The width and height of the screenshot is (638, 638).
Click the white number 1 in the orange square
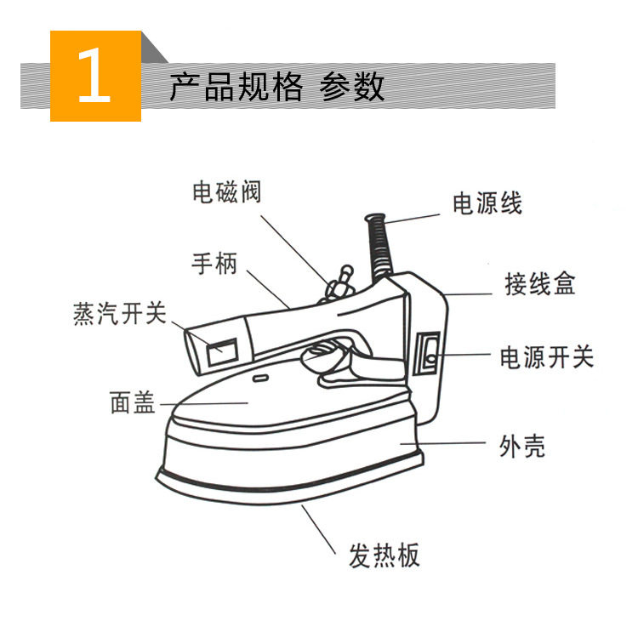[x=94, y=75]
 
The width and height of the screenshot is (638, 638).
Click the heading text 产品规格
[x=236, y=86]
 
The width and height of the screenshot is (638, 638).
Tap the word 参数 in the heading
[x=352, y=86]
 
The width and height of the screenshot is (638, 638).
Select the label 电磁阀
[x=226, y=191]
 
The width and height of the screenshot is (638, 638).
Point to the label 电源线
[x=487, y=203]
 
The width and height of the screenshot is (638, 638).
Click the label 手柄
[x=214, y=263]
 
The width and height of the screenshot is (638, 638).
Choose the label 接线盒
[x=540, y=283]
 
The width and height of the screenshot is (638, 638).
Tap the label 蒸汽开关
[x=120, y=313]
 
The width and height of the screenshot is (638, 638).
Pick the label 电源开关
[x=546, y=357]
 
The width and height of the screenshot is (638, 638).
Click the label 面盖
[x=133, y=402]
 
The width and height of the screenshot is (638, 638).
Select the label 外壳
[x=522, y=446]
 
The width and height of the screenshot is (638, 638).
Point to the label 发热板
[x=384, y=555]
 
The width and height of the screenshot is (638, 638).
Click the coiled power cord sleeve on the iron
[x=380, y=247]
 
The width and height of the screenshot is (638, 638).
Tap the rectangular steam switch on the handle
[x=223, y=351]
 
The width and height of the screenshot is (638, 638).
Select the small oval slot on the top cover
[x=260, y=379]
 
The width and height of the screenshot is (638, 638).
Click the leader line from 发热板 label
[x=319, y=529]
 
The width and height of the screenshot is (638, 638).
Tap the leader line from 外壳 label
[x=442, y=443]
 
